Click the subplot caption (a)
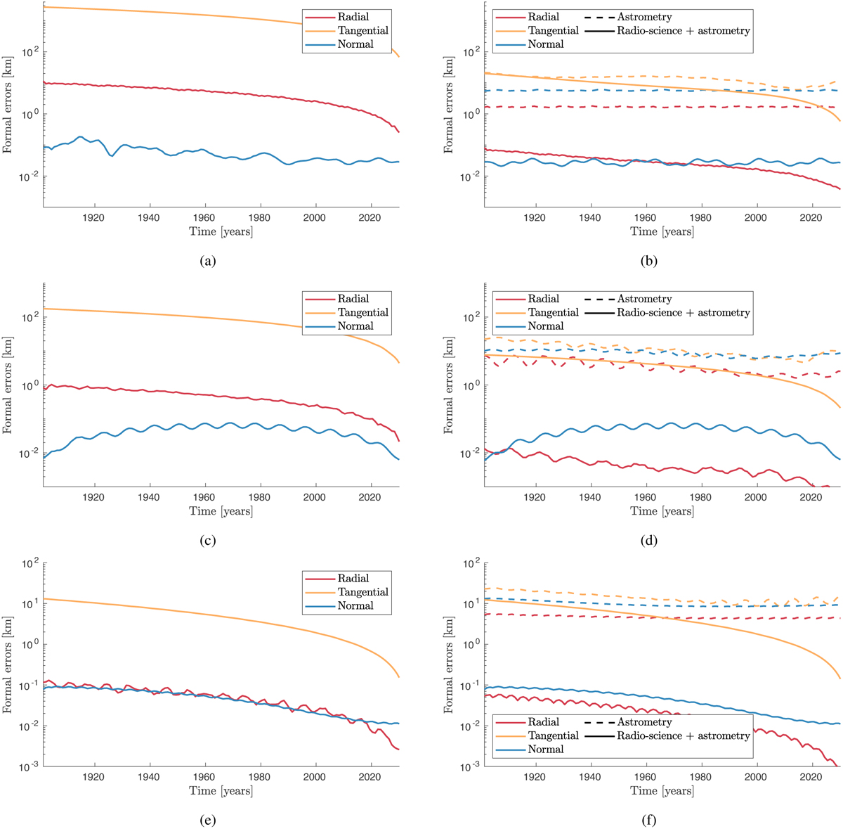[207, 261]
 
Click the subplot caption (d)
[648, 541]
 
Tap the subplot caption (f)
[648, 820]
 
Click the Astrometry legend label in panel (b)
[644, 17]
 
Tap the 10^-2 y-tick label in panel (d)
[469, 454]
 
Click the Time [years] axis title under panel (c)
[221, 511]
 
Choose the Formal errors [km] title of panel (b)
[449, 104]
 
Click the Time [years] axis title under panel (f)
[662, 790]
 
